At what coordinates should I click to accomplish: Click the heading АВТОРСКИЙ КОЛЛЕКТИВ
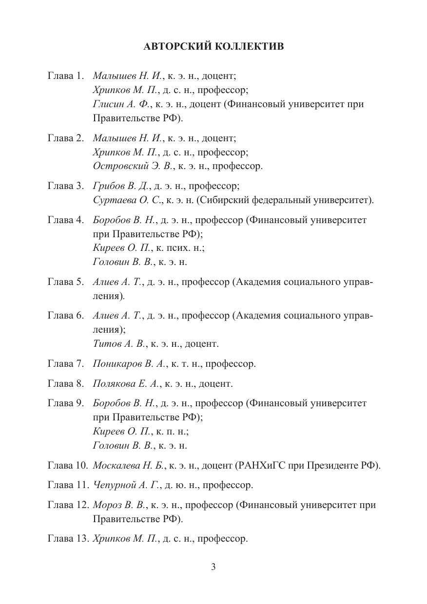click(x=213, y=47)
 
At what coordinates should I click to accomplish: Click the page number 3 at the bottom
click(x=213, y=566)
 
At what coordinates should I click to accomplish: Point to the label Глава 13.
click(x=68, y=539)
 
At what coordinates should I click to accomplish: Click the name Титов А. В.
click(x=119, y=344)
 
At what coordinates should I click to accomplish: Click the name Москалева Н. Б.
click(x=129, y=465)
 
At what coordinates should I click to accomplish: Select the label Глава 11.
click(x=68, y=485)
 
